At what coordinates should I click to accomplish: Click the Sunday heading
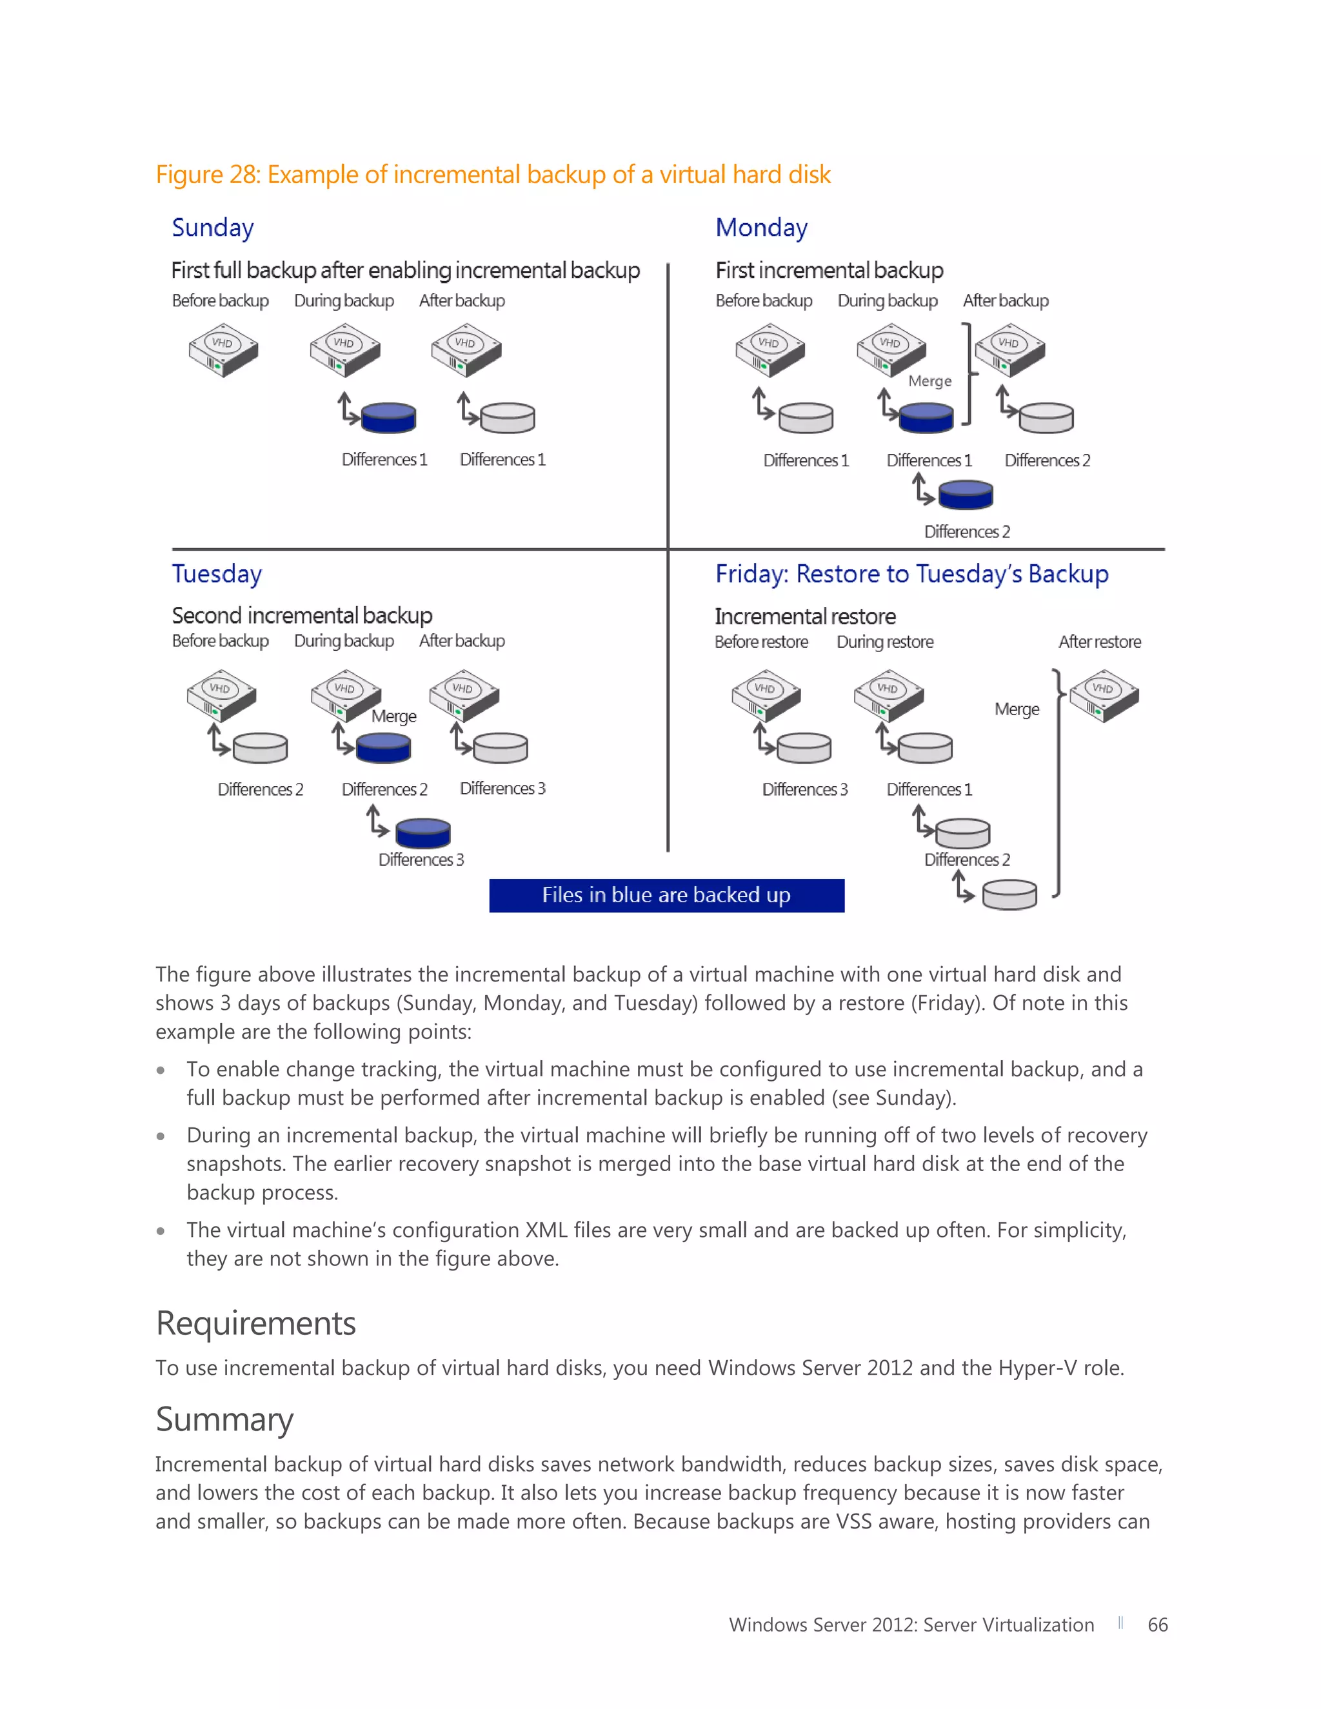(x=213, y=228)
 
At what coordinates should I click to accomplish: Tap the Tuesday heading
(x=217, y=575)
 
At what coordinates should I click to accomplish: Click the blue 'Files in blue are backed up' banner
(x=666, y=895)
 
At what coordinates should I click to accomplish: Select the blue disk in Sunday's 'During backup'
(x=389, y=418)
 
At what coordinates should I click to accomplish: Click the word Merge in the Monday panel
(x=929, y=381)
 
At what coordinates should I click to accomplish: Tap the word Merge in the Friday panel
(x=1017, y=709)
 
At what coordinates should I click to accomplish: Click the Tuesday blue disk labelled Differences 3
(x=422, y=833)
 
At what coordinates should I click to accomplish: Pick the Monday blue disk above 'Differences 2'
(x=966, y=495)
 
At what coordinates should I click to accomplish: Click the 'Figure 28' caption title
(x=493, y=175)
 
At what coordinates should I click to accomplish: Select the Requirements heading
(x=256, y=1323)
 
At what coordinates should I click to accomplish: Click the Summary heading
(x=224, y=1419)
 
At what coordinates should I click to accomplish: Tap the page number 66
(x=1157, y=1625)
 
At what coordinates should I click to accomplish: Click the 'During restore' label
(x=885, y=642)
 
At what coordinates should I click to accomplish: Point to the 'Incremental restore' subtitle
(x=805, y=617)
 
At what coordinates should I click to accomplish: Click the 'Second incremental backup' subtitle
(x=302, y=616)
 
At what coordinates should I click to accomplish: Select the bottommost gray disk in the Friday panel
(x=1009, y=894)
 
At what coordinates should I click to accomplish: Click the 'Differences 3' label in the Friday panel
(x=804, y=789)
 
